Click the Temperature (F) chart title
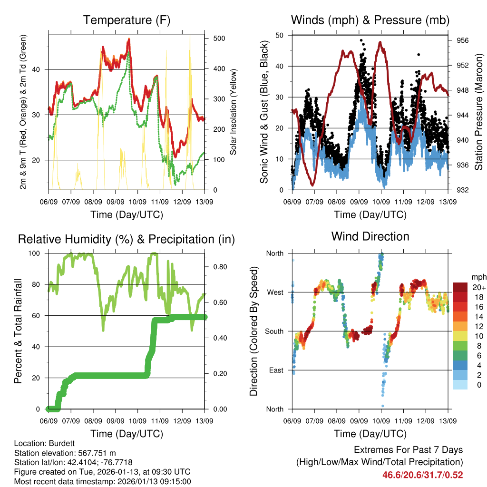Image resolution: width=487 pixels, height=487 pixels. coord(127,20)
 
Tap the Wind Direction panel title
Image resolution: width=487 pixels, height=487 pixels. coord(370,236)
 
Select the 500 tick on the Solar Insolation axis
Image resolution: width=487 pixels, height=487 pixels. coord(217,39)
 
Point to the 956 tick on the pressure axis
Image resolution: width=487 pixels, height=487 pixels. coord(462,41)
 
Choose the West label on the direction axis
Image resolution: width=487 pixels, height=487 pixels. coord(275,292)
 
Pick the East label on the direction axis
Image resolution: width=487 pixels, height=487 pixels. coord(276,370)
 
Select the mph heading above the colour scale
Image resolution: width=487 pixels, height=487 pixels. coord(478,277)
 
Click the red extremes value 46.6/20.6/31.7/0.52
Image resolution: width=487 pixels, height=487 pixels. coord(422,475)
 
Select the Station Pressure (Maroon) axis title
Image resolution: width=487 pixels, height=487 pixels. coord(479,113)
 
